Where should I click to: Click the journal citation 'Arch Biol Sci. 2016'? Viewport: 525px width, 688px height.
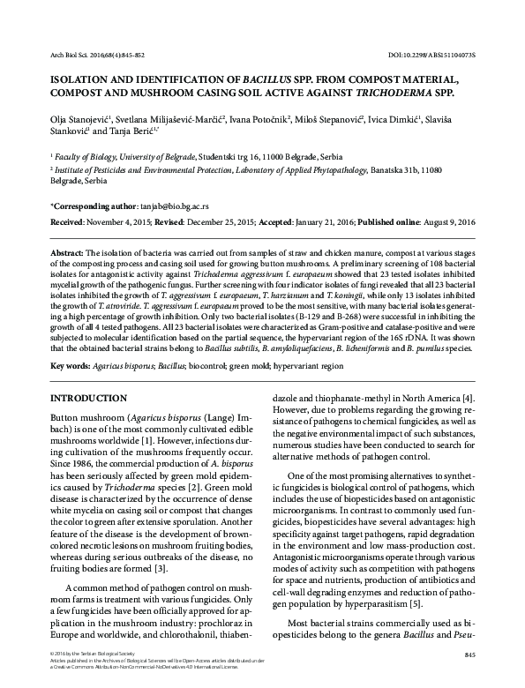coord(61,55)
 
